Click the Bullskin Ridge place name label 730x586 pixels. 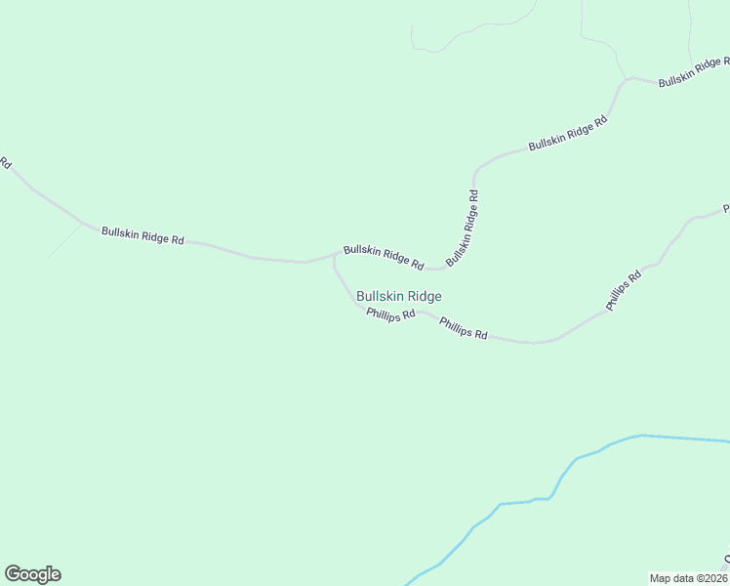tap(399, 296)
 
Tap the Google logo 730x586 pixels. tap(32, 574)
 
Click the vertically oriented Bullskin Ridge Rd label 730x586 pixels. tap(463, 228)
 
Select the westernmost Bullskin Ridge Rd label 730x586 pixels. tap(142, 235)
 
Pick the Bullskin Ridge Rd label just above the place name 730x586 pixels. tap(383, 257)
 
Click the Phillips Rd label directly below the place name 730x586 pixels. tap(391, 314)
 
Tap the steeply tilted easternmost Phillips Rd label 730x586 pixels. tap(624, 290)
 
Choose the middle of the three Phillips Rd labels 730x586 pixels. tap(464, 328)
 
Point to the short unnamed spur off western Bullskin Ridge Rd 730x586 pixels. tap(64, 240)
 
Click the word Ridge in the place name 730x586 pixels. tap(426, 296)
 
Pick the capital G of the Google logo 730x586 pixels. tap(13, 574)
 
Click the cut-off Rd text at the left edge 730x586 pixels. tap(5, 162)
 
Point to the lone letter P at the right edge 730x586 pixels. tap(726, 209)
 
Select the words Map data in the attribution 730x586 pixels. tap(670, 577)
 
